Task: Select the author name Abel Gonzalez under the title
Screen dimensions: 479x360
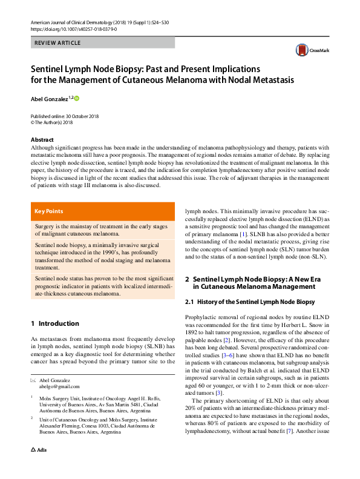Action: [49, 98]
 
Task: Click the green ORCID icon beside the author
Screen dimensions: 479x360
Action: [77, 97]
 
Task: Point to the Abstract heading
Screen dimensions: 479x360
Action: [42, 140]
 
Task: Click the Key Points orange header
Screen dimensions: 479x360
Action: [49, 211]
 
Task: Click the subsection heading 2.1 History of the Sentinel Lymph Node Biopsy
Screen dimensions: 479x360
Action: [249, 302]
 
